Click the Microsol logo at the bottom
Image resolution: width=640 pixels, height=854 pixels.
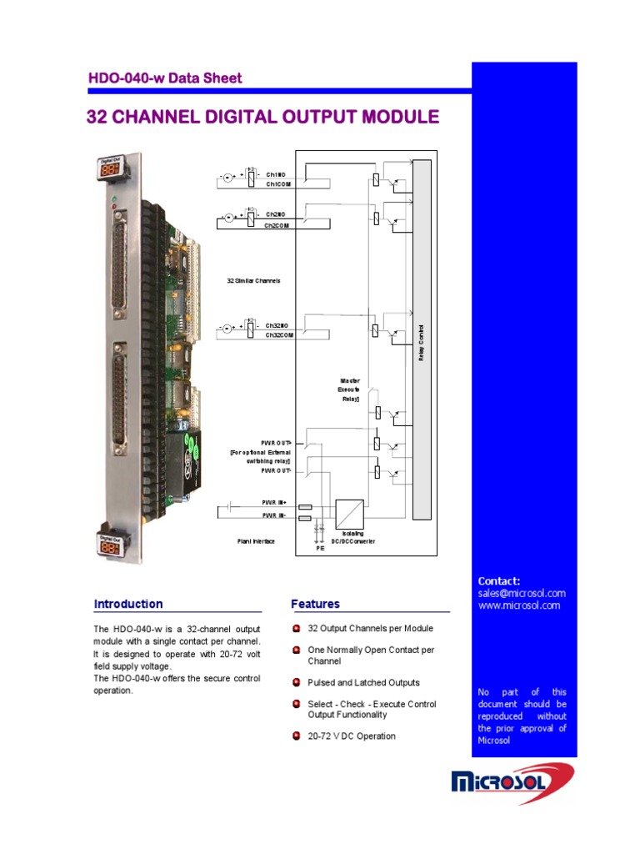pos(512,782)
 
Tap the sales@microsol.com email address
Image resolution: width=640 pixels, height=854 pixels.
pos(521,593)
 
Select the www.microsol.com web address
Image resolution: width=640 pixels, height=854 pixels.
pos(518,605)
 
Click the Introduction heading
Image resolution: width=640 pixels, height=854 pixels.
pos(128,604)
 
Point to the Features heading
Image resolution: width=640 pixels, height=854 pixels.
pos(315,604)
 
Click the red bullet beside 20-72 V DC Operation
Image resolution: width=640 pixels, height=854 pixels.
pos(296,736)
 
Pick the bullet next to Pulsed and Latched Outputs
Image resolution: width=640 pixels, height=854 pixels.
pos(296,682)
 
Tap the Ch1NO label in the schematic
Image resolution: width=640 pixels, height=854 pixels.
pos(276,174)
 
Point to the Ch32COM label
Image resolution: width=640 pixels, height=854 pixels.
pos(277,334)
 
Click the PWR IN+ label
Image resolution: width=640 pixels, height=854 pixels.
pos(274,505)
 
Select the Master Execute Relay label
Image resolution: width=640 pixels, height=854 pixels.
pos(348,389)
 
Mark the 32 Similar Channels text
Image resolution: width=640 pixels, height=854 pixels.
pos(253,281)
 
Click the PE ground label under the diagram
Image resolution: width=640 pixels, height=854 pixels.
pos(319,550)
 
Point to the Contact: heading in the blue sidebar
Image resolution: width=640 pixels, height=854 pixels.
pos(499,580)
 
